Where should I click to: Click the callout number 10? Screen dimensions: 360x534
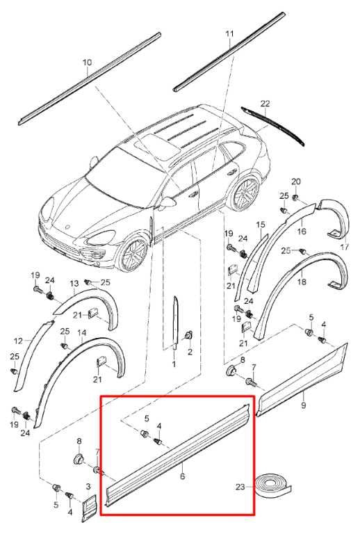coord(87,63)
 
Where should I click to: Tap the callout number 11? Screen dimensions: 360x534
coord(229,33)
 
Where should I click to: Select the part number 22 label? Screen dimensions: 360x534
coord(265,103)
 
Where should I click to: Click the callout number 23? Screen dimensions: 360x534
coord(240,487)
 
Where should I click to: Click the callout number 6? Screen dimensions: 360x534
coord(182,476)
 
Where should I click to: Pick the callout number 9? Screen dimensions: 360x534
coord(304,405)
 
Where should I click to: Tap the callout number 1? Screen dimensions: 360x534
coord(174,364)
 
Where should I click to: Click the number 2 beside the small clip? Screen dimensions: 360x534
coord(190,352)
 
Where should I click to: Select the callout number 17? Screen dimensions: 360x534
coord(345,247)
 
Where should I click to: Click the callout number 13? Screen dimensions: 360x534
coord(74,284)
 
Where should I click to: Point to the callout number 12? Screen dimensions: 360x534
coord(19,341)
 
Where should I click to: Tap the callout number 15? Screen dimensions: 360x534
coord(261,225)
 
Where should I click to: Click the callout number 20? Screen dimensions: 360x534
coord(296,181)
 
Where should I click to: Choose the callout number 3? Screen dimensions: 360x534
coord(88,487)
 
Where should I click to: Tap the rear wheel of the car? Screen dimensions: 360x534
coord(245,193)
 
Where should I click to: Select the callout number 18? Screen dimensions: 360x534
coord(302,282)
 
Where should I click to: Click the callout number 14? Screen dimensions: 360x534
coord(82,333)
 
